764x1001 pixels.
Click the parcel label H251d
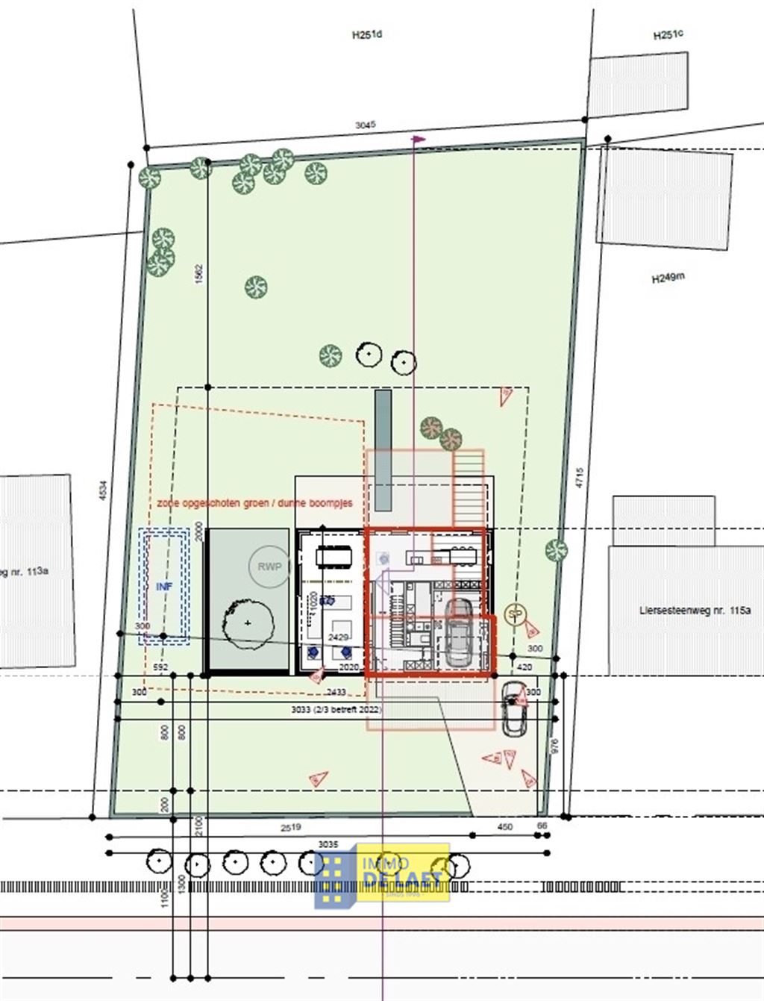366,34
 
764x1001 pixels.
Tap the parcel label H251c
668,35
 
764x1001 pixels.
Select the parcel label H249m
668,278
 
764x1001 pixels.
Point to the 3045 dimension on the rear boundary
365,125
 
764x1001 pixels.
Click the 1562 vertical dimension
198,274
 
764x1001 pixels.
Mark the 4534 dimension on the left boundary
104,490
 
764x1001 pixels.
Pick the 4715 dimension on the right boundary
579,478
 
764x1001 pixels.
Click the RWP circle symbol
269,567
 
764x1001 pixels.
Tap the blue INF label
164,587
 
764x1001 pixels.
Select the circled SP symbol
514,614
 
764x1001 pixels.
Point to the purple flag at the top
419,139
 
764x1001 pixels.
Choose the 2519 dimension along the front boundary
291,827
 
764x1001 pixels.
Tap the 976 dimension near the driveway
554,746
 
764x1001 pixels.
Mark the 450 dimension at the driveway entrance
505,827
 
